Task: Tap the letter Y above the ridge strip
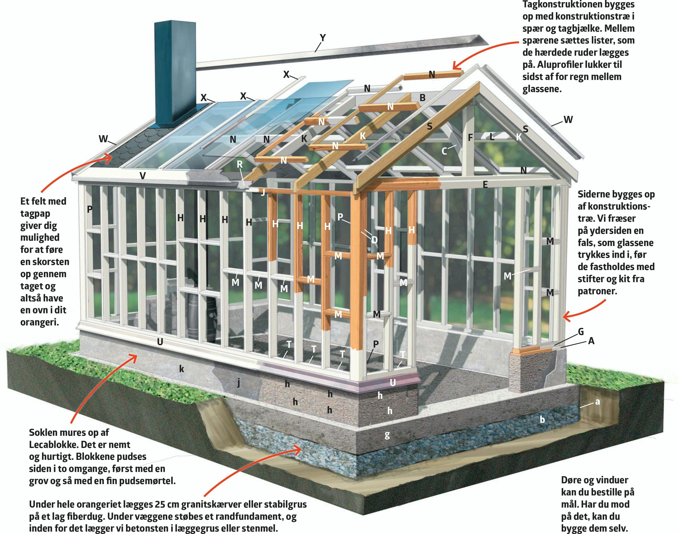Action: coord(323,38)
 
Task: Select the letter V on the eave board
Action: coord(143,176)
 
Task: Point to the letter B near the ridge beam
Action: coord(422,98)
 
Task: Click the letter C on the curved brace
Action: coord(444,151)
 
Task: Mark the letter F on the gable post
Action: coord(470,137)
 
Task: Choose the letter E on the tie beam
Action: coord(485,185)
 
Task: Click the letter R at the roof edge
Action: coord(240,164)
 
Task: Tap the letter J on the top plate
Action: coord(263,192)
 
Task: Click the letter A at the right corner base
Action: coord(591,341)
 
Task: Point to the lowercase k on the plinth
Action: coord(182,369)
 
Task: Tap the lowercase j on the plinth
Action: coord(239,383)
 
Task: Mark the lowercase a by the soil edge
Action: coord(597,402)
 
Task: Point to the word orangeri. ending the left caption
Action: coord(40,322)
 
